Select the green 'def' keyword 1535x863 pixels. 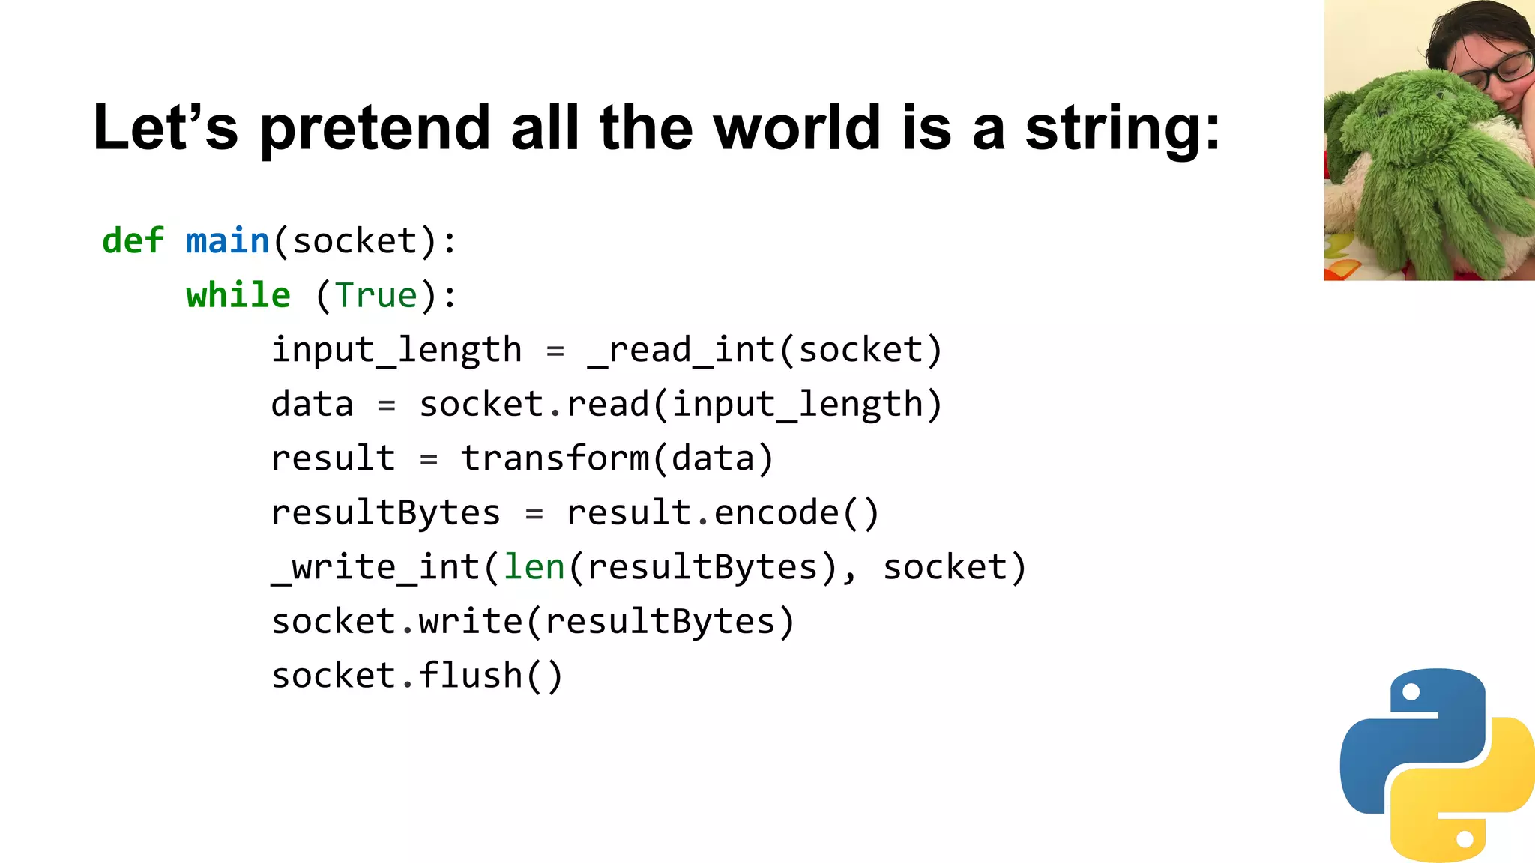click(133, 241)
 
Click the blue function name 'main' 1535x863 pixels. click(227, 241)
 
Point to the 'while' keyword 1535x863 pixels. click(238, 295)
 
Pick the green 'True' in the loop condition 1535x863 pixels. click(376, 295)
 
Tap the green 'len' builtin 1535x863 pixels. click(534, 567)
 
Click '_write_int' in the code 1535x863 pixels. click(376, 567)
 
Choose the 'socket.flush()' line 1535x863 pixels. click(417, 676)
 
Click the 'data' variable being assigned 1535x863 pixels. click(312, 405)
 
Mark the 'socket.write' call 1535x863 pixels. click(396, 622)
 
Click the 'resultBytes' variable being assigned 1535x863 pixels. click(385, 513)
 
